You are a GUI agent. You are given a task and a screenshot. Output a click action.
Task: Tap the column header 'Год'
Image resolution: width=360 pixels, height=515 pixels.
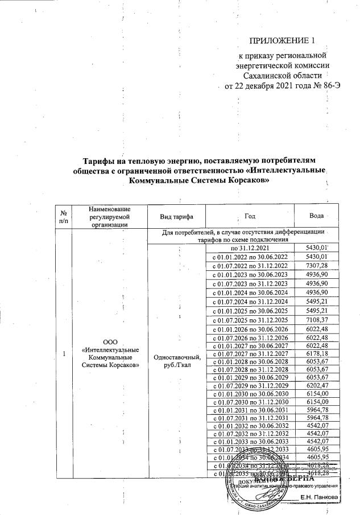click(249, 217)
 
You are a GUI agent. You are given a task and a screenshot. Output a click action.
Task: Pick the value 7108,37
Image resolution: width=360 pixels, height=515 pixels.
click(317, 320)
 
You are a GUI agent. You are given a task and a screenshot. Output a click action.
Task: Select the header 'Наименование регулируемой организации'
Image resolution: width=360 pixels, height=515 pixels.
click(110, 217)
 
